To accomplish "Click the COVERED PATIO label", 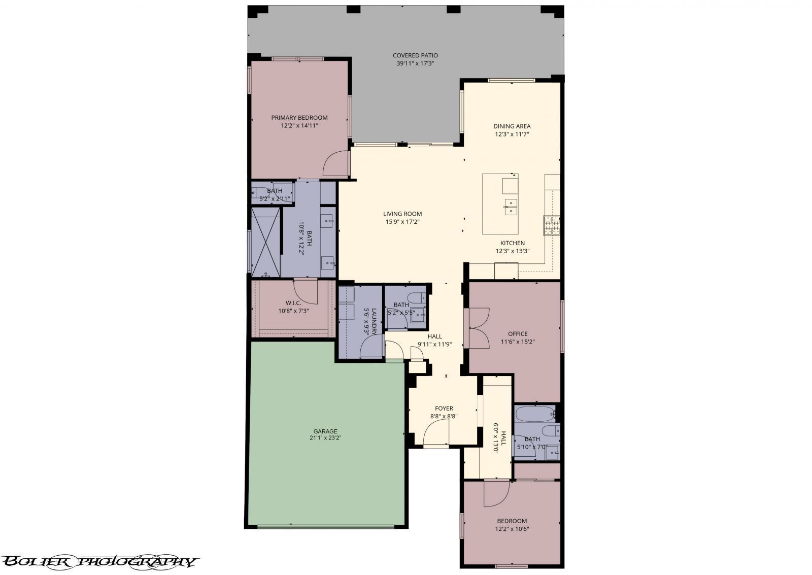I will pos(415,55).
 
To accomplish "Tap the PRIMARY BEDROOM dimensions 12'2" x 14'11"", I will pos(299,125).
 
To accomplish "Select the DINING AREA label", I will pos(512,126).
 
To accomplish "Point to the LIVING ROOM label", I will pos(402,214).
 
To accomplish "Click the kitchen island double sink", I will pos(511,207).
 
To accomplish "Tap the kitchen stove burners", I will pos(552,226).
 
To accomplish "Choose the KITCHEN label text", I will pos(513,243).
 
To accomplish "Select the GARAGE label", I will pos(325,431).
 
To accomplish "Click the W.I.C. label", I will pos(293,303).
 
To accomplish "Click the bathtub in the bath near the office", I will pos(534,414).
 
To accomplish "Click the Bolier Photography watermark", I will pos(98,561).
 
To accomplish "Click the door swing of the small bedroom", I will pos(496,493).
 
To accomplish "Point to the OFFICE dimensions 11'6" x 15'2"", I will pos(518,342).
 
